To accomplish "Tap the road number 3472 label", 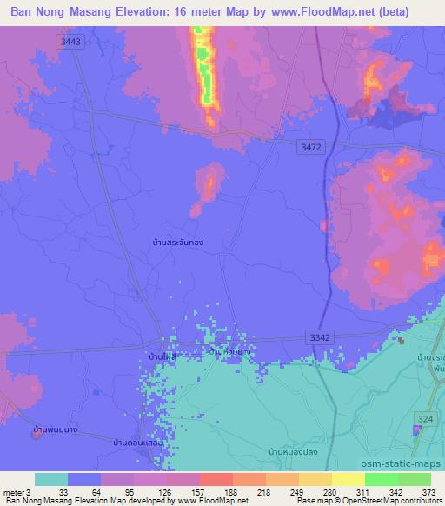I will [x=309, y=148].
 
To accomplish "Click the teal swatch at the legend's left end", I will [x=51, y=479].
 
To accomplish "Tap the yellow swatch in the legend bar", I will [x=349, y=479].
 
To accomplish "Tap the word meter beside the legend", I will [x=15, y=491].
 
